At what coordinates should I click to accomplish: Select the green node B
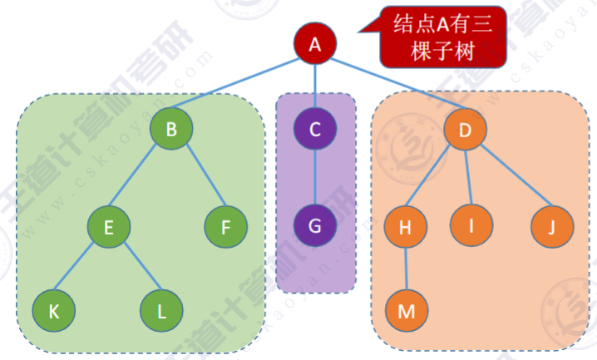tap(171, 129)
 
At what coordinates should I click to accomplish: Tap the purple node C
tap(315, 129)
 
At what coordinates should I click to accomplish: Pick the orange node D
tap(465, 129)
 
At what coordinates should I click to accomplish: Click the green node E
tap(109, 225)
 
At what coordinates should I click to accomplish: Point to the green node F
tap(226, 225)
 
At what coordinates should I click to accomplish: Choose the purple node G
tap(315, 225)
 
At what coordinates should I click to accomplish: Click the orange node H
tap(406, 225)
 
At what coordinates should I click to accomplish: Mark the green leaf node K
tap(54, 311)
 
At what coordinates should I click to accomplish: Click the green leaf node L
tap(162, 311)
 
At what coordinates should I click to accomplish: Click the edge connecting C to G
tap(315, 177)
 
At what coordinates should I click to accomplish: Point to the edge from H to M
tap(406, 268)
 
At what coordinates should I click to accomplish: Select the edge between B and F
tap(200, 178)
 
